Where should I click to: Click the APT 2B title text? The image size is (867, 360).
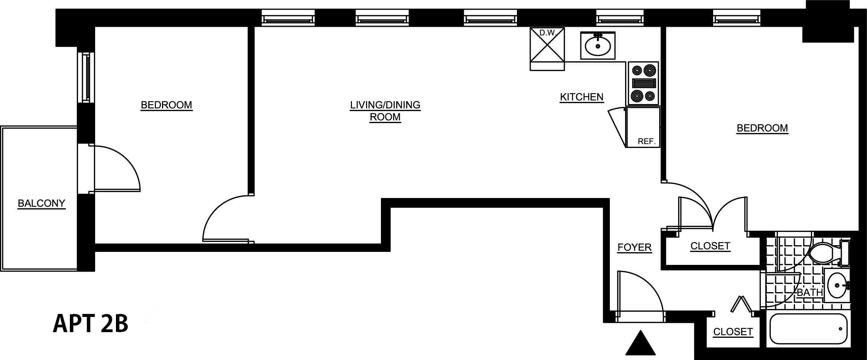(x=91, y=323)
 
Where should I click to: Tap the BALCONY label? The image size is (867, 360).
(x=42, y=203)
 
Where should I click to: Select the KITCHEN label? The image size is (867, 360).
(x=582, y=97)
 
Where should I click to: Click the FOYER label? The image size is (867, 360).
(x=634, y=247)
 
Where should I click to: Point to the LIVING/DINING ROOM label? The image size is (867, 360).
(x=385, y=111)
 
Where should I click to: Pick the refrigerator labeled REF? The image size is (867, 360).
(x=643, y=127)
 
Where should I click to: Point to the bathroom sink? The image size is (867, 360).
(x=837, y=285)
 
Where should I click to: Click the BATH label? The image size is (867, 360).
(x=809, y=292)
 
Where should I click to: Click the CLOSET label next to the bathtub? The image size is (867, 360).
(x=733, y=331)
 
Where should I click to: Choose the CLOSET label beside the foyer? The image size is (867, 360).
(x=710, y=246)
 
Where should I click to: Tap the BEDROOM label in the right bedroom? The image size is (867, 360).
(x=762, y=128)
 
